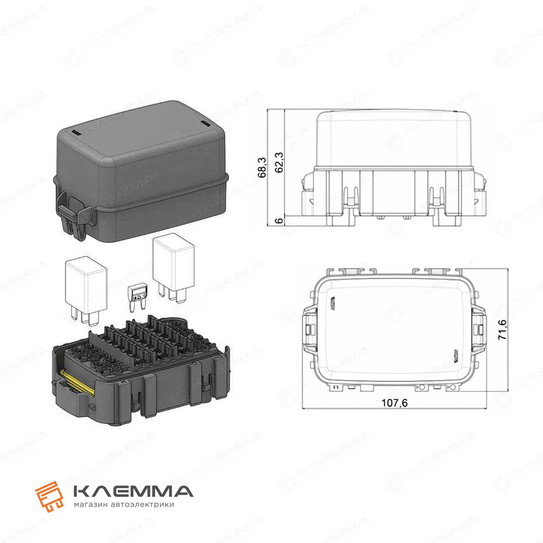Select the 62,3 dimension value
(x=279, y=162)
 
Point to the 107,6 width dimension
(x=394, y=403)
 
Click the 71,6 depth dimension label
(x=502, y=329)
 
